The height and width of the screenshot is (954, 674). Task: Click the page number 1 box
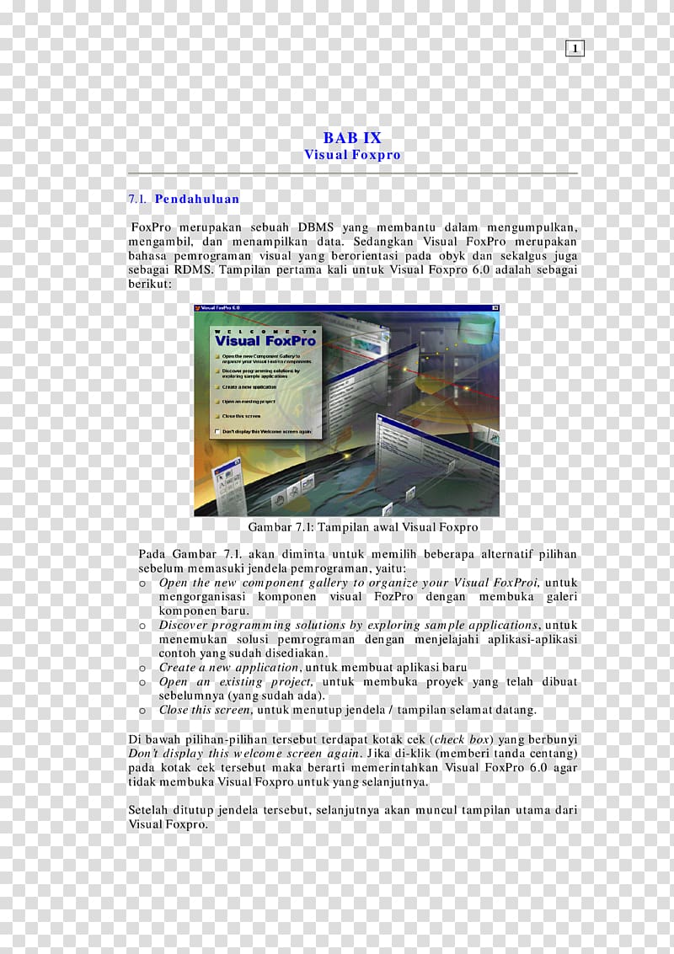575,49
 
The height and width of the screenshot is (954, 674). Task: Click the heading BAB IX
352,138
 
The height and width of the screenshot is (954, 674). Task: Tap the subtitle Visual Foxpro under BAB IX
352,155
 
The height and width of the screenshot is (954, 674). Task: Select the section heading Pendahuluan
197,200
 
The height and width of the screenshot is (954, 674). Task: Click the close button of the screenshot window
495,308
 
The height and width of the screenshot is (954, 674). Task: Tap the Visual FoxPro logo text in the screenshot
265,341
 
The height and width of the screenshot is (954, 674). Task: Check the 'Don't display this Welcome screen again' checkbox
218,431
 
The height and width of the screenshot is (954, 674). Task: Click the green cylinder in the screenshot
476,325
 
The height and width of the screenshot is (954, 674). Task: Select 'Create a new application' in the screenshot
249,386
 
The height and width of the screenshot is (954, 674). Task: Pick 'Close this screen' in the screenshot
241,416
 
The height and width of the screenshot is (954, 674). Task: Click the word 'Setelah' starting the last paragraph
148,811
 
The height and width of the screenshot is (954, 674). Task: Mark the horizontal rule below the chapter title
352,173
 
